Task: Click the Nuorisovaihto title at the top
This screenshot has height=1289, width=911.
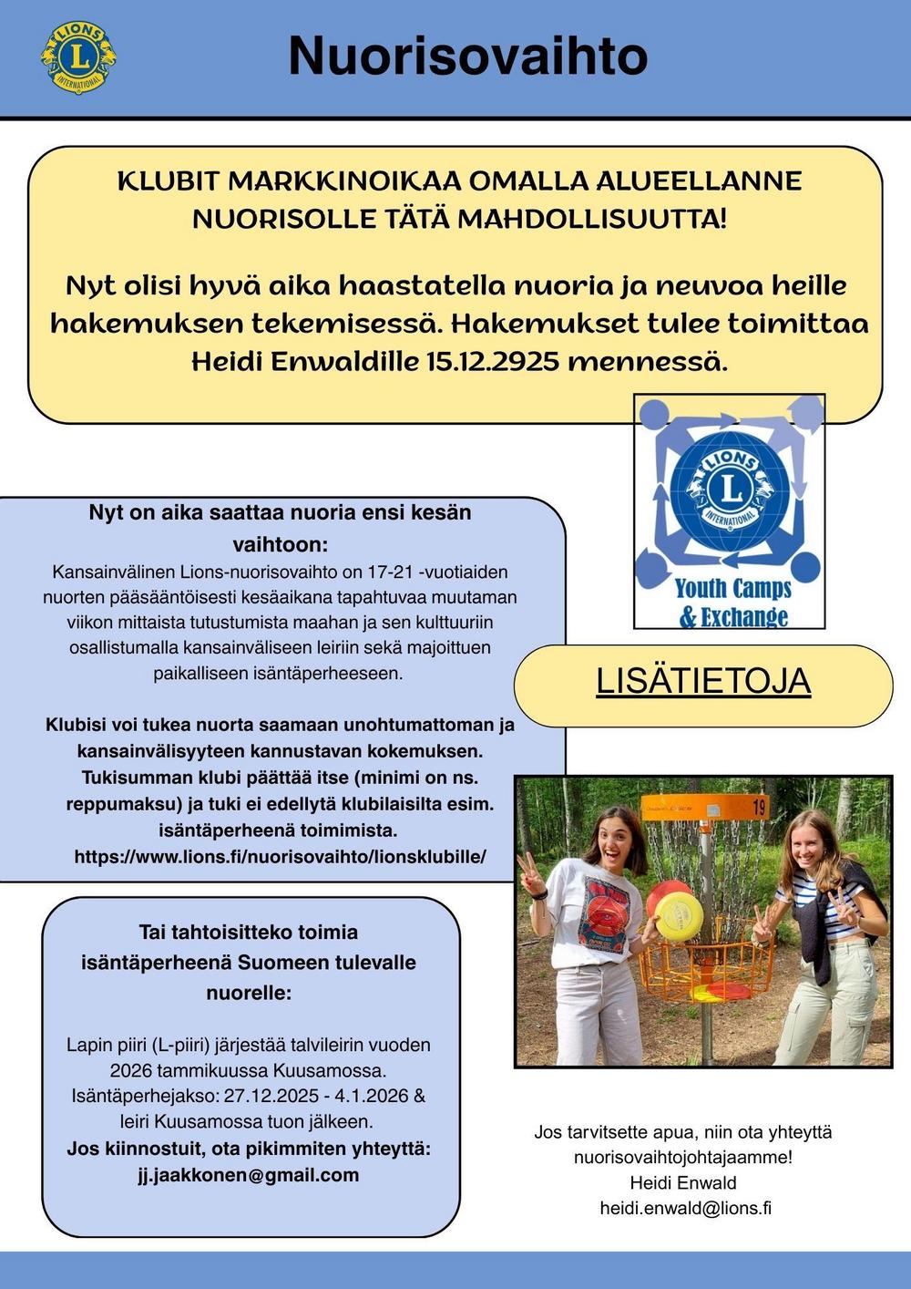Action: [467, 57]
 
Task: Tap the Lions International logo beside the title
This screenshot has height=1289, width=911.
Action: [78, 57]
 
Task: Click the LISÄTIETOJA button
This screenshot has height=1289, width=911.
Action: [703, 681]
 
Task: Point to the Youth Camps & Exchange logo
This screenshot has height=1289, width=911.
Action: [729, 511]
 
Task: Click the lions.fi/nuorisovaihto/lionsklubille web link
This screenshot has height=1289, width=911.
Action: [280, 857]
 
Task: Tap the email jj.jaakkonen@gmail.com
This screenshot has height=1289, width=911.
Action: [248, 1175]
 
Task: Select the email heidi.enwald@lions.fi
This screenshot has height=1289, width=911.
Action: [685, 1209]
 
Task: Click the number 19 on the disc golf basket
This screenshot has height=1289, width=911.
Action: [759, 806]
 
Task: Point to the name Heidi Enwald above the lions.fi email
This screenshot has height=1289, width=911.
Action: [683, 1183]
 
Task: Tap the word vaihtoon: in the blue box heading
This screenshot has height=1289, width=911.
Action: [280, 545]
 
